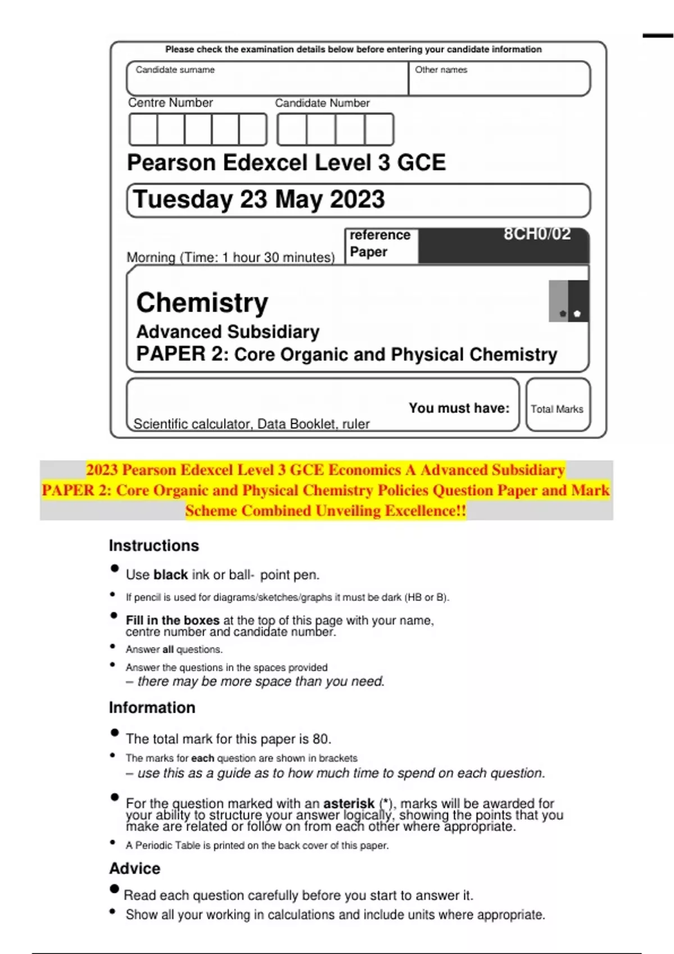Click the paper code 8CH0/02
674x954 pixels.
[x=537, y=234]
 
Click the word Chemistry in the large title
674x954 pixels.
[x=202, y=302]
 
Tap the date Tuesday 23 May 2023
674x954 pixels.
[x=259, y=200]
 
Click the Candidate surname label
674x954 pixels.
[x=175, y=70]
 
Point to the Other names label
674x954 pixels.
[x=441, y=70]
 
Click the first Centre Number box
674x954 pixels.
[x=143, y=130]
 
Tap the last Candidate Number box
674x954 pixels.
[x=379, y=130]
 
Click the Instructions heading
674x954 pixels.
[x=154, y=545]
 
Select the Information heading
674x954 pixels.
[x=152, y=708]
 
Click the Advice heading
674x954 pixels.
[x=135, y=869]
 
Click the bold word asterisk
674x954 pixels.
[x=349, y=804]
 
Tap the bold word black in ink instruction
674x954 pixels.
[x=171, y=575]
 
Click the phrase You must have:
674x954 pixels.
[x=459, y=408]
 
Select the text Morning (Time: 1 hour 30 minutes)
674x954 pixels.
[x=230, y=258]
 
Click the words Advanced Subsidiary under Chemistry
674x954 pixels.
[x=228, y=332]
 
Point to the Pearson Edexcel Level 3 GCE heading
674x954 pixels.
[x=286, y=163]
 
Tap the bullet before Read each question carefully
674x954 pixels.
[x=115, y=889]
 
